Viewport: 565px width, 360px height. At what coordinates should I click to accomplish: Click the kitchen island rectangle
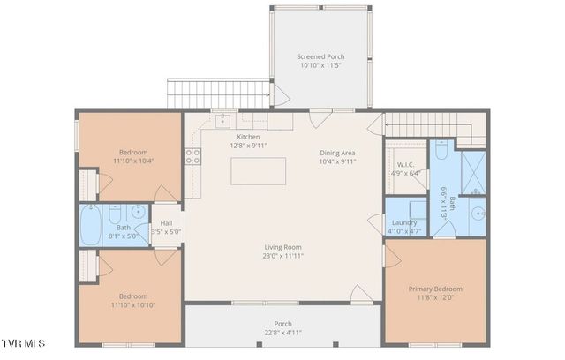pos(259,171)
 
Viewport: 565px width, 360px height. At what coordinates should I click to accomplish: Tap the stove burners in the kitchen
pos(192,157)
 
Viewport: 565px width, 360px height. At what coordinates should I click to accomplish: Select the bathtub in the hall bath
pos(91,225)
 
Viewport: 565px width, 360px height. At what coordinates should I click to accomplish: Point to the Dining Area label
pos(337,153)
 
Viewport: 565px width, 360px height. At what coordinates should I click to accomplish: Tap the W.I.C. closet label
pos(405,164)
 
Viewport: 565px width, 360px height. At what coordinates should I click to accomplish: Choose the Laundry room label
pos(404,222)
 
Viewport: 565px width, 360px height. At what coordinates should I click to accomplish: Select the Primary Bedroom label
pos(434,289)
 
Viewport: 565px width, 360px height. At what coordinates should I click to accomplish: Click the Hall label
pos(166,223)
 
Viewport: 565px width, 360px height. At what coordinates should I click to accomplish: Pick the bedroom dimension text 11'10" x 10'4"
pos(133,161)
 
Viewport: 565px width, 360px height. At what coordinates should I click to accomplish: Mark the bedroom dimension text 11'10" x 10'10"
pos(133,304)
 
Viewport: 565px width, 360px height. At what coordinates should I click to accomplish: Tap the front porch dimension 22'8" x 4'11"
pos(282,333)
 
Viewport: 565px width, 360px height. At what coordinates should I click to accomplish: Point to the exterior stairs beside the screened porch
pos(217,93)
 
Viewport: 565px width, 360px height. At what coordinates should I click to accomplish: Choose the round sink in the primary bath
pos(478,213)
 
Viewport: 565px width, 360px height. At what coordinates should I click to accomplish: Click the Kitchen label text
pos(248,137)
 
